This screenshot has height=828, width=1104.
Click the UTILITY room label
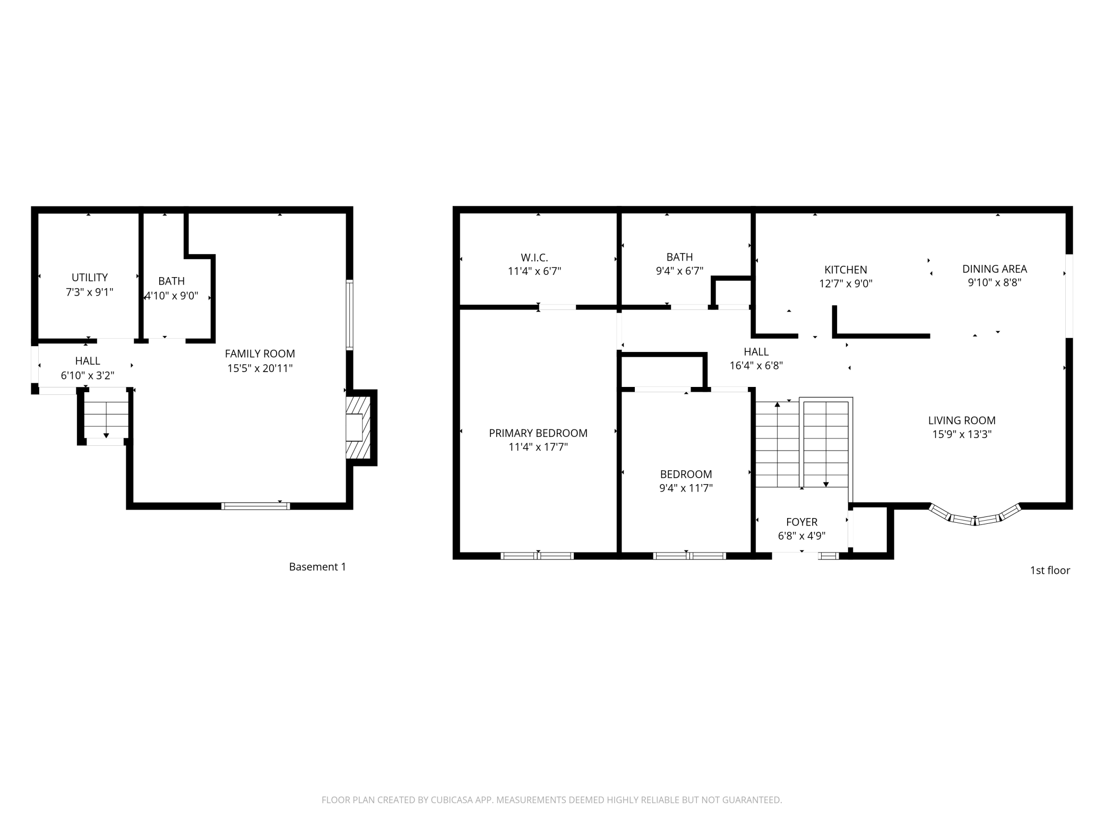click(90, 278)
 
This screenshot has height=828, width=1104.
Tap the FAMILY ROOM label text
click(260, 354)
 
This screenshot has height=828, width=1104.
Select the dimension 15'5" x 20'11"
click(260, 368)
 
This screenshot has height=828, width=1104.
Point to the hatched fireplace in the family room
click(358, 427)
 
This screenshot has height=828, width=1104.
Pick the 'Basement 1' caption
click(317, 567)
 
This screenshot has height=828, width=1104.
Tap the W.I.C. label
click(534, 258)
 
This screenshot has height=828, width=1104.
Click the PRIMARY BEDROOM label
click(538, 433)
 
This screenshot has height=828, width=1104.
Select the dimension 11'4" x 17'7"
click(538, 447)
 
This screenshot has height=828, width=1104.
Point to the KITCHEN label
click(846, 270)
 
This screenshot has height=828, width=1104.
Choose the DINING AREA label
click(995, 269)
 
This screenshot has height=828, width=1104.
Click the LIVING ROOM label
click(962, 421)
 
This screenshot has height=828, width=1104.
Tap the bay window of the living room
click(975, 516)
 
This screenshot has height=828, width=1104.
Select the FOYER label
click(802, 522)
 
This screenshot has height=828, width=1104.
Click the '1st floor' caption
click(1050, 571)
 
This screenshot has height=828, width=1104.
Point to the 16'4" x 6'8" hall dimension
click(756, 366)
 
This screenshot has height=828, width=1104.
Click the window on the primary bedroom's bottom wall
click(537, 556)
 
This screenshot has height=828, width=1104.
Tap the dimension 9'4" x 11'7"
click(686, 488)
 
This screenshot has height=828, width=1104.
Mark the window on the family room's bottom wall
click(256, 506)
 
